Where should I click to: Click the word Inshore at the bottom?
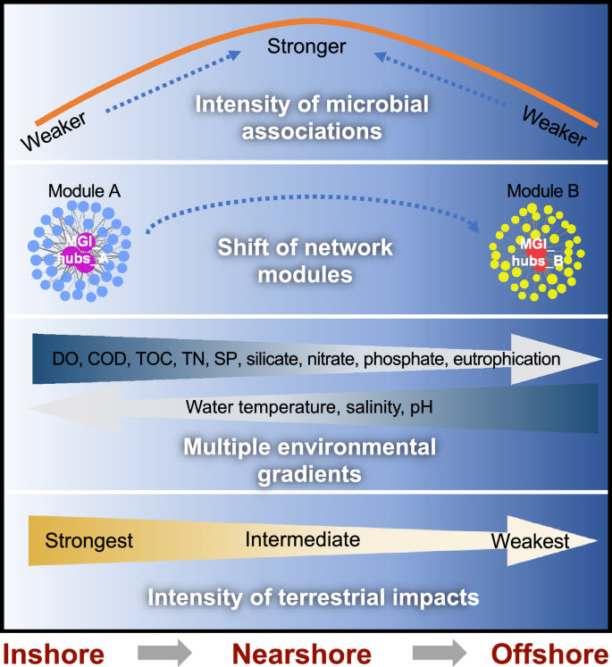tap(59, 648)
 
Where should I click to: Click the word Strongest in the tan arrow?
tap(89, 541)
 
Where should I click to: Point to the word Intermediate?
tap(302, 539)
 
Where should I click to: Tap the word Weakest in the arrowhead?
tap(530, 541)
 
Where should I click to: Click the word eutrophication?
tap(507, 359)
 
